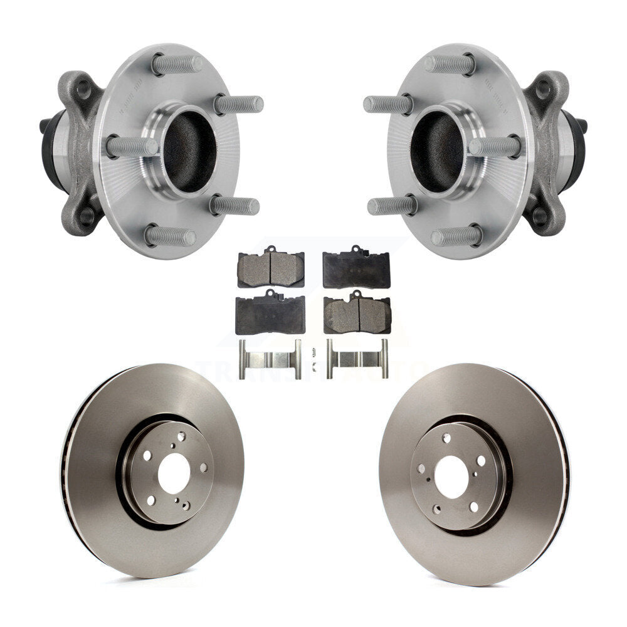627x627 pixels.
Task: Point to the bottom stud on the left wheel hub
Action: [x=170, y=236]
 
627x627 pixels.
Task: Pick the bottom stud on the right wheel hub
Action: [x=456, y=236]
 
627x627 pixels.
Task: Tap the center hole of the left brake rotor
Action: [x=174, y=473]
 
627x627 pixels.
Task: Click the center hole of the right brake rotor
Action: [x=451, y=476]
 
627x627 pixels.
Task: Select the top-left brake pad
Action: [x=271, y=268]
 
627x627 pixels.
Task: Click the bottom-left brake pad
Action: [x=270, y=313]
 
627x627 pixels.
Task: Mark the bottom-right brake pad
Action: [x=357, y=313]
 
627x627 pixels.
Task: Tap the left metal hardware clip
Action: [x=270, y=359]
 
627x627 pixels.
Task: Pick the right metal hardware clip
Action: [x=357, y=359]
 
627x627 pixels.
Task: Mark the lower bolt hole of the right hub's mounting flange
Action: [x=540, y=216]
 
